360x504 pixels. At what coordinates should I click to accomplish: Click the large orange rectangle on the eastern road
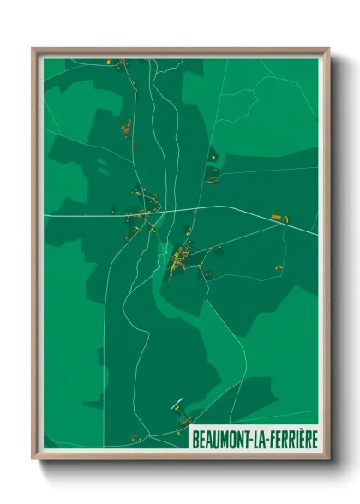click(x=276, y=218)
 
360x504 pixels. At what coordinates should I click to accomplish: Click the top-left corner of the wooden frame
click(x=33, y=49)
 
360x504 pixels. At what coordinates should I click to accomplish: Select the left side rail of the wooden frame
click(x=35, y=257)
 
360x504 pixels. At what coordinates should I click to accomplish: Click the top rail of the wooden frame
click(x=180, y=50)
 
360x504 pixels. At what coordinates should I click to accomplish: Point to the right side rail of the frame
click(x=325, y=257)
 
